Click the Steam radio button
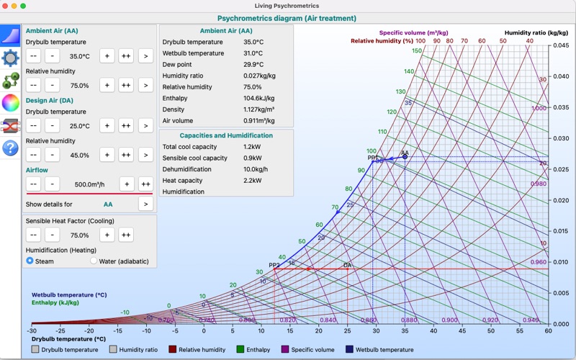(30, 261)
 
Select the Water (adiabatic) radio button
(94, 261)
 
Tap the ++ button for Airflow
(145, 184)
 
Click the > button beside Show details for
(145, 204)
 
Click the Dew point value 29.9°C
(253, 64)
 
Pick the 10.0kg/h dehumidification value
(256, 169)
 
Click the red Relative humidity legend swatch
(173, 350)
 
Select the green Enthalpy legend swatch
(240, 350)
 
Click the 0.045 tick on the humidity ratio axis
(560, 45)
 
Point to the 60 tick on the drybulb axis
(548, 331)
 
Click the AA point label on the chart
(405, 153)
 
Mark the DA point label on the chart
(347, 266)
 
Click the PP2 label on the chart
(274, 265)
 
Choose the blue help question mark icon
(10, 148)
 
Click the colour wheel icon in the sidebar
(10, 102)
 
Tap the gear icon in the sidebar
(10, 58)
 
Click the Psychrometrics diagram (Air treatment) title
(287, 18)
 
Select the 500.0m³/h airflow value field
(90, 184)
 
